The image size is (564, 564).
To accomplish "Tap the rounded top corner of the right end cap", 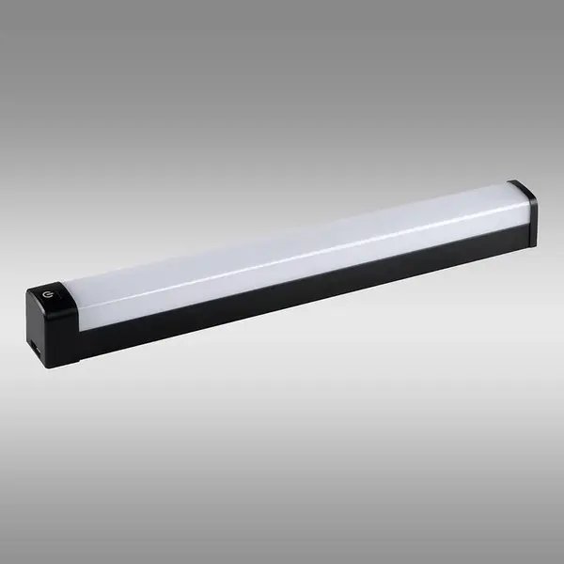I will (x=520, y=185).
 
